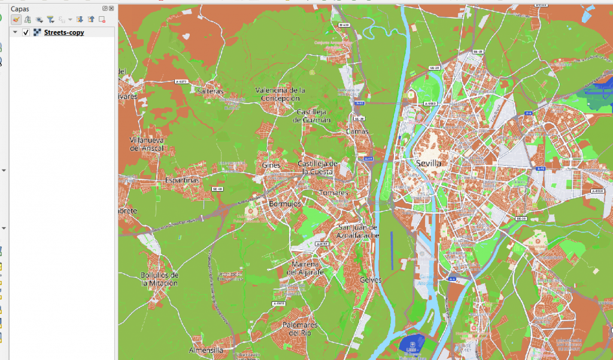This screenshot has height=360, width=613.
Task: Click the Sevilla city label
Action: tap(428, 163)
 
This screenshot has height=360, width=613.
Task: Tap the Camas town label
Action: tap(357, 131)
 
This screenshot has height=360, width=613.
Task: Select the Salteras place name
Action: tap(210, 91)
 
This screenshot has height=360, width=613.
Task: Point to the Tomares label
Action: tap(333, 193)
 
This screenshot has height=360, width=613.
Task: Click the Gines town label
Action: tap(271, 165)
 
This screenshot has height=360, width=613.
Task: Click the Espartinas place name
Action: tap(181, 180)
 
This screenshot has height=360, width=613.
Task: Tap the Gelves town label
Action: tap(371, 280)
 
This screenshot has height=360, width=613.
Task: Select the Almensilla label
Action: tap(206, 350)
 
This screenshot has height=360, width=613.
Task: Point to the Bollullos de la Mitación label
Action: tap(159, 279)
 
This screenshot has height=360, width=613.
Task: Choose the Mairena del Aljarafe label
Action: tap(305, 268)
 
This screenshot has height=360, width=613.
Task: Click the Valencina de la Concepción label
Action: tap(280, 94)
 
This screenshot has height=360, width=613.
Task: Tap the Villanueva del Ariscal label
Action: tap(147, 144)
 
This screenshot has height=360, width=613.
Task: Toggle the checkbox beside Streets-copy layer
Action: tap(26, 32)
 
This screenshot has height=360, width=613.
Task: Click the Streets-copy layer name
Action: tap(64, 32)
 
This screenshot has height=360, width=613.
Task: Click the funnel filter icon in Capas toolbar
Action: tap(50, 20)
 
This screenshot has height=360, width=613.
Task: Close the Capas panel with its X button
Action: tap(111, 8)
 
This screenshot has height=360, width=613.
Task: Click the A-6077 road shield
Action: tap(181, 81)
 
